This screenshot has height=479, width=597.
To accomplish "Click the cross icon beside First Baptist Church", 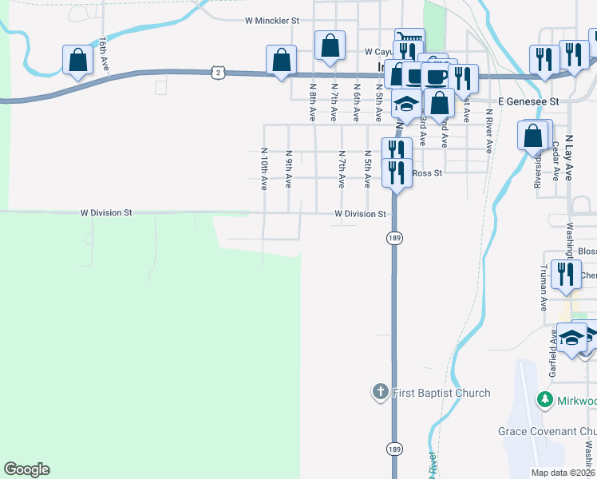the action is [x=381, y=392].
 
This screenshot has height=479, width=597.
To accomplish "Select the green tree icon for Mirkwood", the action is [x=545, y=399].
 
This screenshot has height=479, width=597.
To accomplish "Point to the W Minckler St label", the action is [x=271, y=20].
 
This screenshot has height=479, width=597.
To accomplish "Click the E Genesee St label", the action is [x=528, y=101].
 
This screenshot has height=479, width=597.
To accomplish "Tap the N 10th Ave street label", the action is [x=263, y=168].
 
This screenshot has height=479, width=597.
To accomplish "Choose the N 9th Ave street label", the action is [x=288, y=168].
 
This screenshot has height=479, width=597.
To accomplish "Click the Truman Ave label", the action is [x=544, y=288].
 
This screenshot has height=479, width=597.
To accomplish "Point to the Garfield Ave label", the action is [x=552, y=356].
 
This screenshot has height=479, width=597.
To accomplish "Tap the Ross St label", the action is [x=427, y=172].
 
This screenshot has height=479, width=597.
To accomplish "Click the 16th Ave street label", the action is [x=103, y=53].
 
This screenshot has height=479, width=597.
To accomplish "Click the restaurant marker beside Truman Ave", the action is [x=567, y=275].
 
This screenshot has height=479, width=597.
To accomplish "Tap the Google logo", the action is [x=26, y=469].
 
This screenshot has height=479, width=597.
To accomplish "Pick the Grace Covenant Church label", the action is [x=551, y=431].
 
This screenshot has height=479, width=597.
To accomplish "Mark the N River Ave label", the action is [x=488, y=134].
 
